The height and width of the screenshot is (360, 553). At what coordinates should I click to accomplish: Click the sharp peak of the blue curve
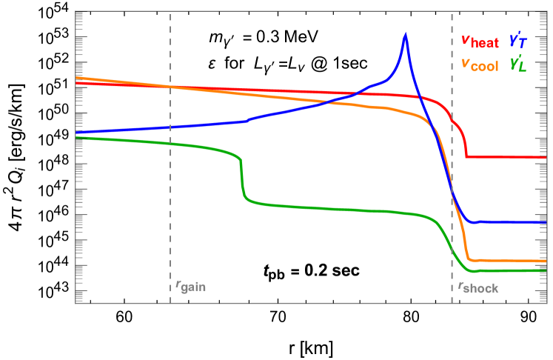405,34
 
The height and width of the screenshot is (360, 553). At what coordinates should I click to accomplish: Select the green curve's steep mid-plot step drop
242,178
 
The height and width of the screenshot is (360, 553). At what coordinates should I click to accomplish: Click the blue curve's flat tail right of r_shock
511,221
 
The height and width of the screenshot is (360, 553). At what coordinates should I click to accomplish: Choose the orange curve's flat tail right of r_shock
511,261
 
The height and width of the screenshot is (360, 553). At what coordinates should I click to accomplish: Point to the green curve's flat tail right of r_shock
511,271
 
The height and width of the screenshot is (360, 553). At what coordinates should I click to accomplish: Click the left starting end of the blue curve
76,133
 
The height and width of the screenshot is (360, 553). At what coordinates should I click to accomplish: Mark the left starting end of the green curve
76,138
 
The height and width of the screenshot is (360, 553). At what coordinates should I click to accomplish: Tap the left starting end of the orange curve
76,78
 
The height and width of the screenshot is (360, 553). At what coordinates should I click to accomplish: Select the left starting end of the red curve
76,83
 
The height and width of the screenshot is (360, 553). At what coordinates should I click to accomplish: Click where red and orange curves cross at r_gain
170,87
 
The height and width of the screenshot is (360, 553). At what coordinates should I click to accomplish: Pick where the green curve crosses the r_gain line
170,144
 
